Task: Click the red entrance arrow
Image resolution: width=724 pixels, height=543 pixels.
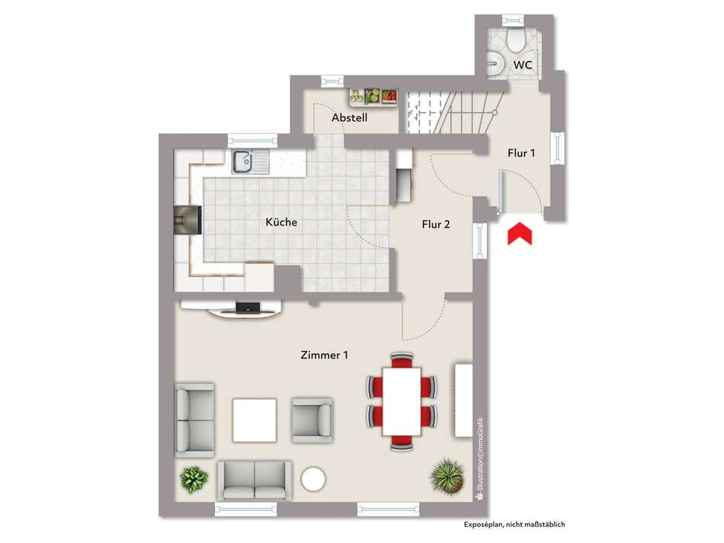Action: [521, 233]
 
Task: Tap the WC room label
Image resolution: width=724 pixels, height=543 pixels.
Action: [522, 65]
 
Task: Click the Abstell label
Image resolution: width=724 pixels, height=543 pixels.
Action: [350, 118]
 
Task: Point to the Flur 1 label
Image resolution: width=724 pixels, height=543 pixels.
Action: [521, 153]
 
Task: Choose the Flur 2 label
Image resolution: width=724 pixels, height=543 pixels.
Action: [436, 224]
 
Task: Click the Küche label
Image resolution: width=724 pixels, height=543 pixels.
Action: [280, 223]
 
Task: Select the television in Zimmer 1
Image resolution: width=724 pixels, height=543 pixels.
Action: [247, 308]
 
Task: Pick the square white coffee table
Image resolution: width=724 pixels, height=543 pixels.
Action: [255, 420]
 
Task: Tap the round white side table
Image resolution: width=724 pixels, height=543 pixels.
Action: [313, 479]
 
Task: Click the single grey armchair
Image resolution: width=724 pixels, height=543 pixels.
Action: [312, 420]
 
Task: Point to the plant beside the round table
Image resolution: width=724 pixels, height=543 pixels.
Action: [194, 480]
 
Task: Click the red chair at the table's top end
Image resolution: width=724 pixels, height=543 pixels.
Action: [402, 360]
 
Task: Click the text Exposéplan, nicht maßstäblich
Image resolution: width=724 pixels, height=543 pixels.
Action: [514, 525]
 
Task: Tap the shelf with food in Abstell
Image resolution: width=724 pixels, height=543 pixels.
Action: [374, 96]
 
